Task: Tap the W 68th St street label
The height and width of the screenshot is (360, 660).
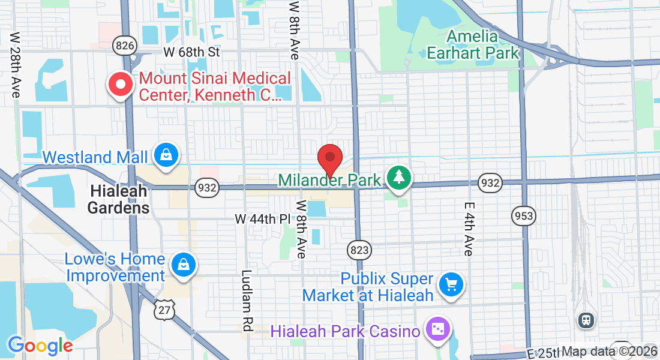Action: point(191,52)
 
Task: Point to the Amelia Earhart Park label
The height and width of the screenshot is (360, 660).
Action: point(473,44)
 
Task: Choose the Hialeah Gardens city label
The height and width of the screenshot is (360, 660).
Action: point(119,199)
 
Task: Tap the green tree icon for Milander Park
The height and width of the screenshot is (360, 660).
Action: point(398,178)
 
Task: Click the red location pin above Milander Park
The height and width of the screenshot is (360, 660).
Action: point(329,159)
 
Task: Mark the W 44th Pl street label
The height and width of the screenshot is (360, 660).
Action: point(262,219)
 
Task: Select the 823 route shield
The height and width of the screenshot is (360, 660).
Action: point(359,249)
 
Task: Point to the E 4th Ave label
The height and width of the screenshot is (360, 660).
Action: point(469,228)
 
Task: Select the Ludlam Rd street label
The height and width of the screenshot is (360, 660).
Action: point(247,301)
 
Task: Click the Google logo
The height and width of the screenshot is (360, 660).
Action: point(40,346)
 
